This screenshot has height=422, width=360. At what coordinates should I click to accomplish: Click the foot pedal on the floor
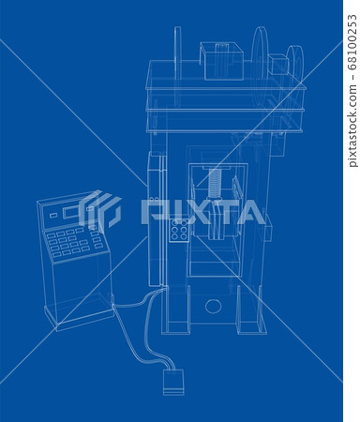coord(172,380)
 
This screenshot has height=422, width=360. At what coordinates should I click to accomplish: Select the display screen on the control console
coord(70,213)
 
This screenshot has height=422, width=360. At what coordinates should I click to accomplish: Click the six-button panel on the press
coord(178,231)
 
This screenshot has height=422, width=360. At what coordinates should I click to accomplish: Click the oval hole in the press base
coord(214,306)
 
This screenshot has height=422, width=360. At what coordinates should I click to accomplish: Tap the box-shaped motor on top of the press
coord(221,62)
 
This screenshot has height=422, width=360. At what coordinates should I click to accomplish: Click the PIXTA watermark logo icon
coord(99,210)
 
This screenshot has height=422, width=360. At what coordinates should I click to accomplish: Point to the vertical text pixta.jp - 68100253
coord(351,84)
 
